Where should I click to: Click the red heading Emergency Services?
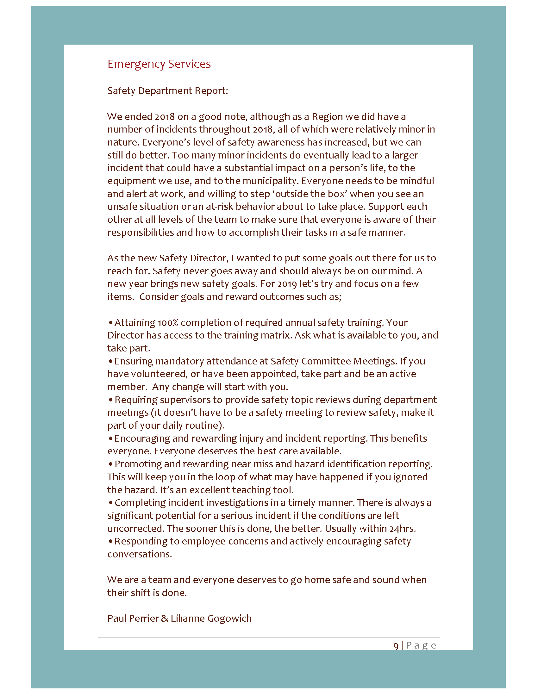[x=159, y=64]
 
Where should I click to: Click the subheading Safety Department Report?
[x=167, y=91]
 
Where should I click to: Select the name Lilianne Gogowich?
[x=211, y=618]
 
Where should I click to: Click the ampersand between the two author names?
[x=165, y=618]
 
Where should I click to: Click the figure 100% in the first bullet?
[x=168, y=322]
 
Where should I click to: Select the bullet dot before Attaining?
[x=110, y=323]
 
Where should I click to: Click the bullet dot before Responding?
[x=110, y=541]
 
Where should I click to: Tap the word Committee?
[x=326, y=361]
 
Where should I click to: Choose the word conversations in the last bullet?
[x=139, y=554]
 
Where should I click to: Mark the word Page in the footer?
[x=421, y=645]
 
